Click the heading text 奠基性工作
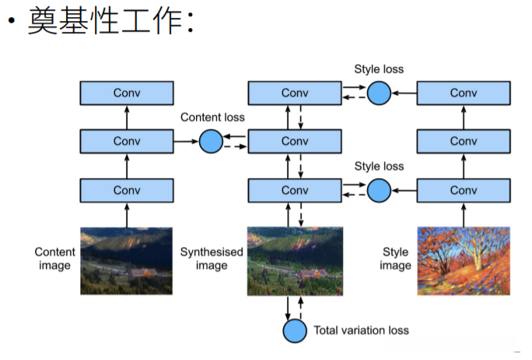click(x=109, y=22)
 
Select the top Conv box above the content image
click(x=127, y=93)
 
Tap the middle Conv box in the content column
click(x=127, y=142)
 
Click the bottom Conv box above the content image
click(x=127, y=190)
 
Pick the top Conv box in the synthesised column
click(x=295, y=93)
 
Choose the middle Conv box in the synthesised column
click(x=295, y=142)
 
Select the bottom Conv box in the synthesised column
click(x=295, y=190)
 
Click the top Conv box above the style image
click(x=464, y=93)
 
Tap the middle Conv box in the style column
click(x=464, y=142)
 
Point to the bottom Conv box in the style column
click(x=464, y=190)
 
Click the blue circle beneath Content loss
click(x=211, y=142)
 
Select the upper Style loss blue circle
click(x=379, y=93)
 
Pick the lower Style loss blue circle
click(x=379, y=190)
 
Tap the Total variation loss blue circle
click(x=295, y=330)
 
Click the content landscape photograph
click(x=127, y=260)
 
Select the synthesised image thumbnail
click(x=295, y=260)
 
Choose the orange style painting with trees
click(x=464, y=260)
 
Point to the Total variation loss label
click(x=361, y=330)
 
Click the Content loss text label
click(x=212, y=117)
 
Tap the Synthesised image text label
click(x=212, y=259)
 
